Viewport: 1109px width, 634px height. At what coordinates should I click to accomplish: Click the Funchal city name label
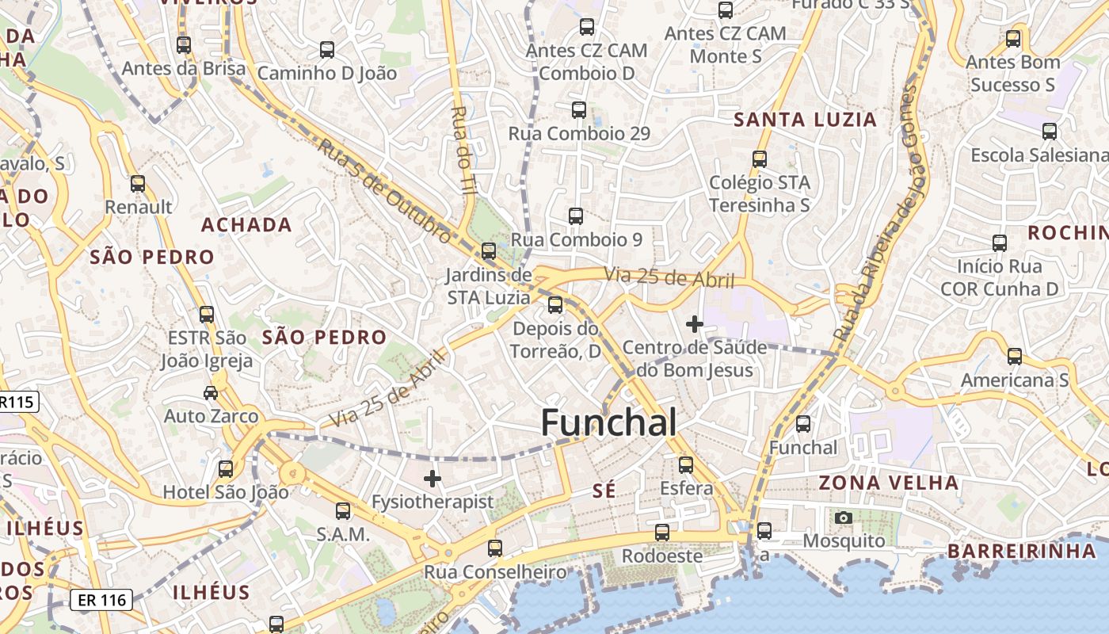pyautogui.click(x=608, y=423)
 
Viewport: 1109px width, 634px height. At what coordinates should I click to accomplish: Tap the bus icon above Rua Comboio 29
pyautogui.click(x=579, y=110)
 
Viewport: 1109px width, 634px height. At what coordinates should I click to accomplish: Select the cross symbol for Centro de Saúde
pyautogui.click(x=695, y=324)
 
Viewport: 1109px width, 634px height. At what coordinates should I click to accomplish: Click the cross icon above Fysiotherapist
pyautogui.click(x=433, y=478)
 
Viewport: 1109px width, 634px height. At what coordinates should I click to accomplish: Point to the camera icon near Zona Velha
pyautogui.click(x=844, y=518)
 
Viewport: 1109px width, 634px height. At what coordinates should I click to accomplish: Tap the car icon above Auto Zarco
pyautogui.click(x=211, y=392)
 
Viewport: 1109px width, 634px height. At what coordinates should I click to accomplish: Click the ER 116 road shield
pyautogui.click(x=102, y=600)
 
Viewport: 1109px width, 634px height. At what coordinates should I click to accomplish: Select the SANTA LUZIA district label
pyautogui.click(x=806, y=120)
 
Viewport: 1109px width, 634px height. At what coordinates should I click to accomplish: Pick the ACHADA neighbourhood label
pyautogui.click(x=246, y=225)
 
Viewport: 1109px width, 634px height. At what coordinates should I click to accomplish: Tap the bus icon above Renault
pyautogui.click(x=138, y=184)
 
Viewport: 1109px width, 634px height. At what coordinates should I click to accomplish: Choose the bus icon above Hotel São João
pyautogui.click(x=226, y=469)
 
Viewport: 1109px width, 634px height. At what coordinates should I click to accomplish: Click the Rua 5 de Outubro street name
pyautogui.click(x=385, y=191)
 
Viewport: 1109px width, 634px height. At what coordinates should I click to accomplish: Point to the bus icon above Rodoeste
pyautogui.click(x=662, y=533)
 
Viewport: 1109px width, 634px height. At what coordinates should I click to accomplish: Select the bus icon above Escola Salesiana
pyautogui.click(x=1050, y=132)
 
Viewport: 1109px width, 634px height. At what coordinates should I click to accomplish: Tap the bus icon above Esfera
pyautogui.click(x=686, y=465)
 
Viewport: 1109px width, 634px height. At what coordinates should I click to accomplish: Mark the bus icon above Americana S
pyautogui.click(x=1015, y=357)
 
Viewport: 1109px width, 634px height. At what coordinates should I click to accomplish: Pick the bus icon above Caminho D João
pyautogui.click(x=327, y=50)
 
